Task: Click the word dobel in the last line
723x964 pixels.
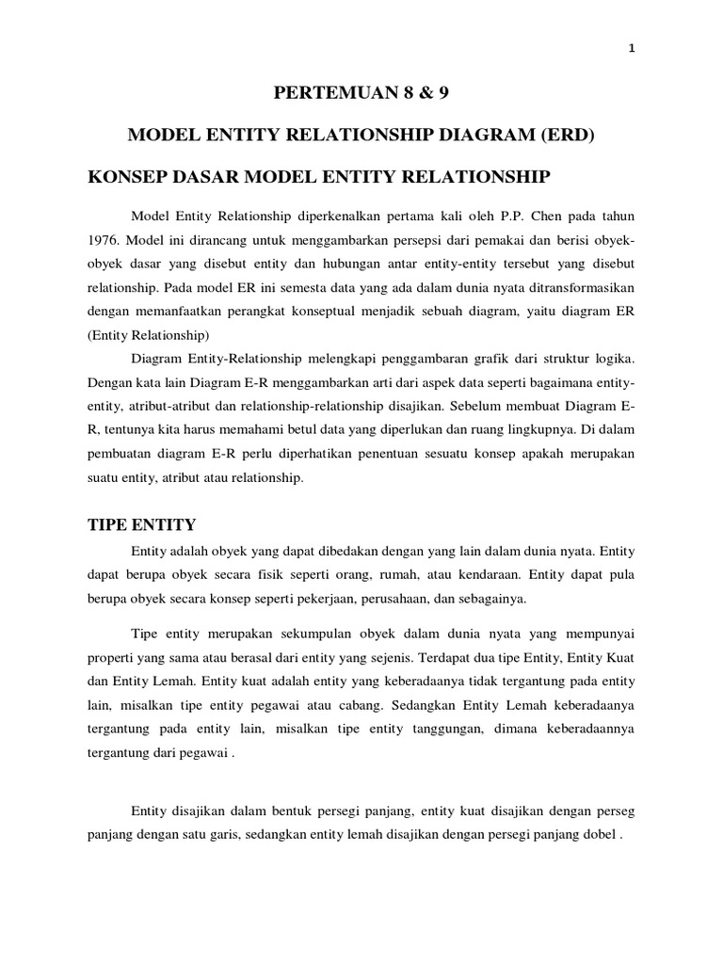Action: tap(579, 836)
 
